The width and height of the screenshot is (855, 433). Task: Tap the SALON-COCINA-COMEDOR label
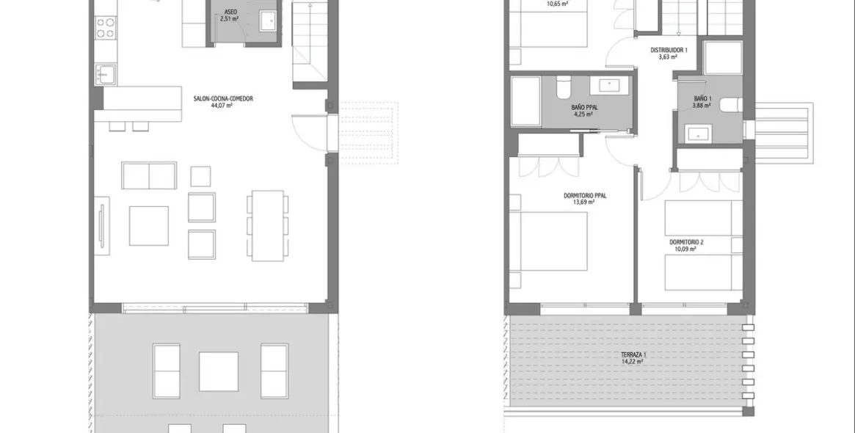pos(223,98)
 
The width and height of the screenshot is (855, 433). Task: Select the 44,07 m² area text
pos(222,106)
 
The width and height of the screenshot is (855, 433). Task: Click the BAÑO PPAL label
pos(585,107)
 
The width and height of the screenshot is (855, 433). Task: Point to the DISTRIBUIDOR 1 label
pos(669,50)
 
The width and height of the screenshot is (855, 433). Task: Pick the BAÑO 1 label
pos(702,98)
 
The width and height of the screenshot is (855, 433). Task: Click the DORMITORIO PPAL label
pos(585,195)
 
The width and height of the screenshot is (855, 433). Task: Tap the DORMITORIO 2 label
pos(686,241)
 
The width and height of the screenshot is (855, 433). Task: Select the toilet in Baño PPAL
pos(562,87)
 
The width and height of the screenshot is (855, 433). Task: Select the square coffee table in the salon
pos(149,225)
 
